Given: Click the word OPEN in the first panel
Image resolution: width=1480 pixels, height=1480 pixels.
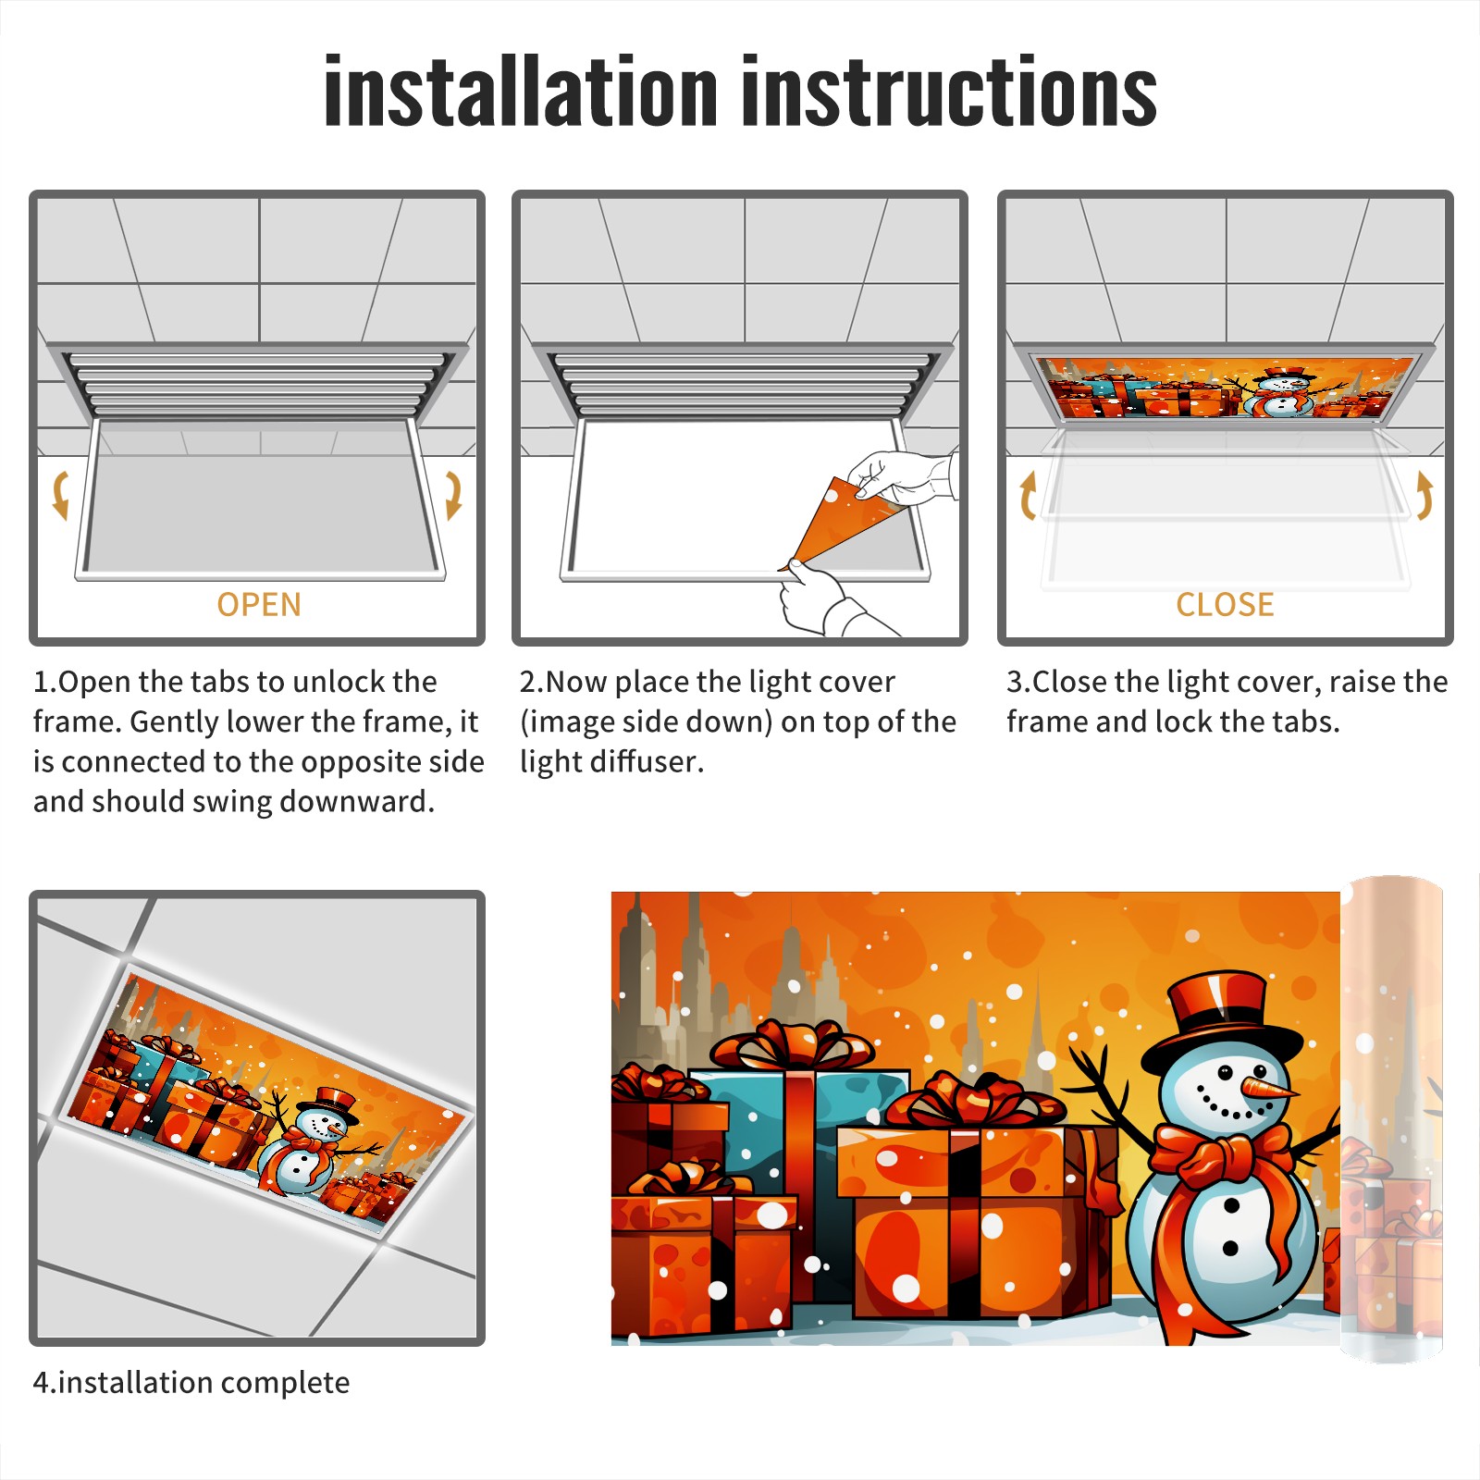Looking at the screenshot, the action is (259, 604).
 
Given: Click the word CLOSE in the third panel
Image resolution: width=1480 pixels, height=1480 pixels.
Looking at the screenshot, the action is (1225, 604).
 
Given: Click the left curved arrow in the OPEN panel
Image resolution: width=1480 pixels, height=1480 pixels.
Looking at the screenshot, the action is (60, 495).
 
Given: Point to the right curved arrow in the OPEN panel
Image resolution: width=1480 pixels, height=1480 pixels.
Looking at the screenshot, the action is (453, 495).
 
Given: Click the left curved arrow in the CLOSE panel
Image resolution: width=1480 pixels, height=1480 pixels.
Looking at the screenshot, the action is (1027, 495).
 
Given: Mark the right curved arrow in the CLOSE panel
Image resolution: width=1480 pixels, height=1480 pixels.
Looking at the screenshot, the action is (1424, 495).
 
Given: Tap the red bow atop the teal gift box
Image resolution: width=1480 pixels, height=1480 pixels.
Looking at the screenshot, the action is (792, 1045).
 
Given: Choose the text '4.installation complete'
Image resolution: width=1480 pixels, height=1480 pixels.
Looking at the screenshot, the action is (191, 1382).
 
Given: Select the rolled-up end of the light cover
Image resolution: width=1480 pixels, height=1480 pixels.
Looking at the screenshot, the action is (1391, 1119).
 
